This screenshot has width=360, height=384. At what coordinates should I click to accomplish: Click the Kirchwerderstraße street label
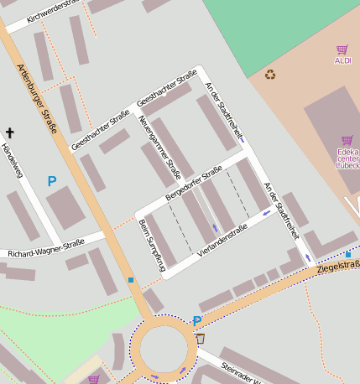click(53, 11)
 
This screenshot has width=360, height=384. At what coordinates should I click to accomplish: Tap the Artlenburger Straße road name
click(37, 102)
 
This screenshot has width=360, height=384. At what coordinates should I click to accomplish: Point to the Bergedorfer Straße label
click(194, 182)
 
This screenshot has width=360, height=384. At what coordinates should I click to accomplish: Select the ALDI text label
click(342, 60)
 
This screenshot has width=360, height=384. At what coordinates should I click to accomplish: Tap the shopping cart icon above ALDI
click(342, 49)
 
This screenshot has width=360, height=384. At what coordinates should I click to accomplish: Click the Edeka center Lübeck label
click(347, 158)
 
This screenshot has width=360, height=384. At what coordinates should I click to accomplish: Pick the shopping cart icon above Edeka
click(347, 140)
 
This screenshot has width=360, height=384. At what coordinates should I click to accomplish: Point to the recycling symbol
click(270, 74)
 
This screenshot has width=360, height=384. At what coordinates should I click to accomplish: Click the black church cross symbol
click(10, 132)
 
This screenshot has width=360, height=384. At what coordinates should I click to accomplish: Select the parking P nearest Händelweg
click(51, 180)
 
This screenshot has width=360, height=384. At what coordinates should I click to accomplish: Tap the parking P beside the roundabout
click(196, 320)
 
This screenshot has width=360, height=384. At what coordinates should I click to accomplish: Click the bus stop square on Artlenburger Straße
click(131, 280)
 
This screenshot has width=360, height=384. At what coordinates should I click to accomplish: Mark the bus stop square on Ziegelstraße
click(347, 254)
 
